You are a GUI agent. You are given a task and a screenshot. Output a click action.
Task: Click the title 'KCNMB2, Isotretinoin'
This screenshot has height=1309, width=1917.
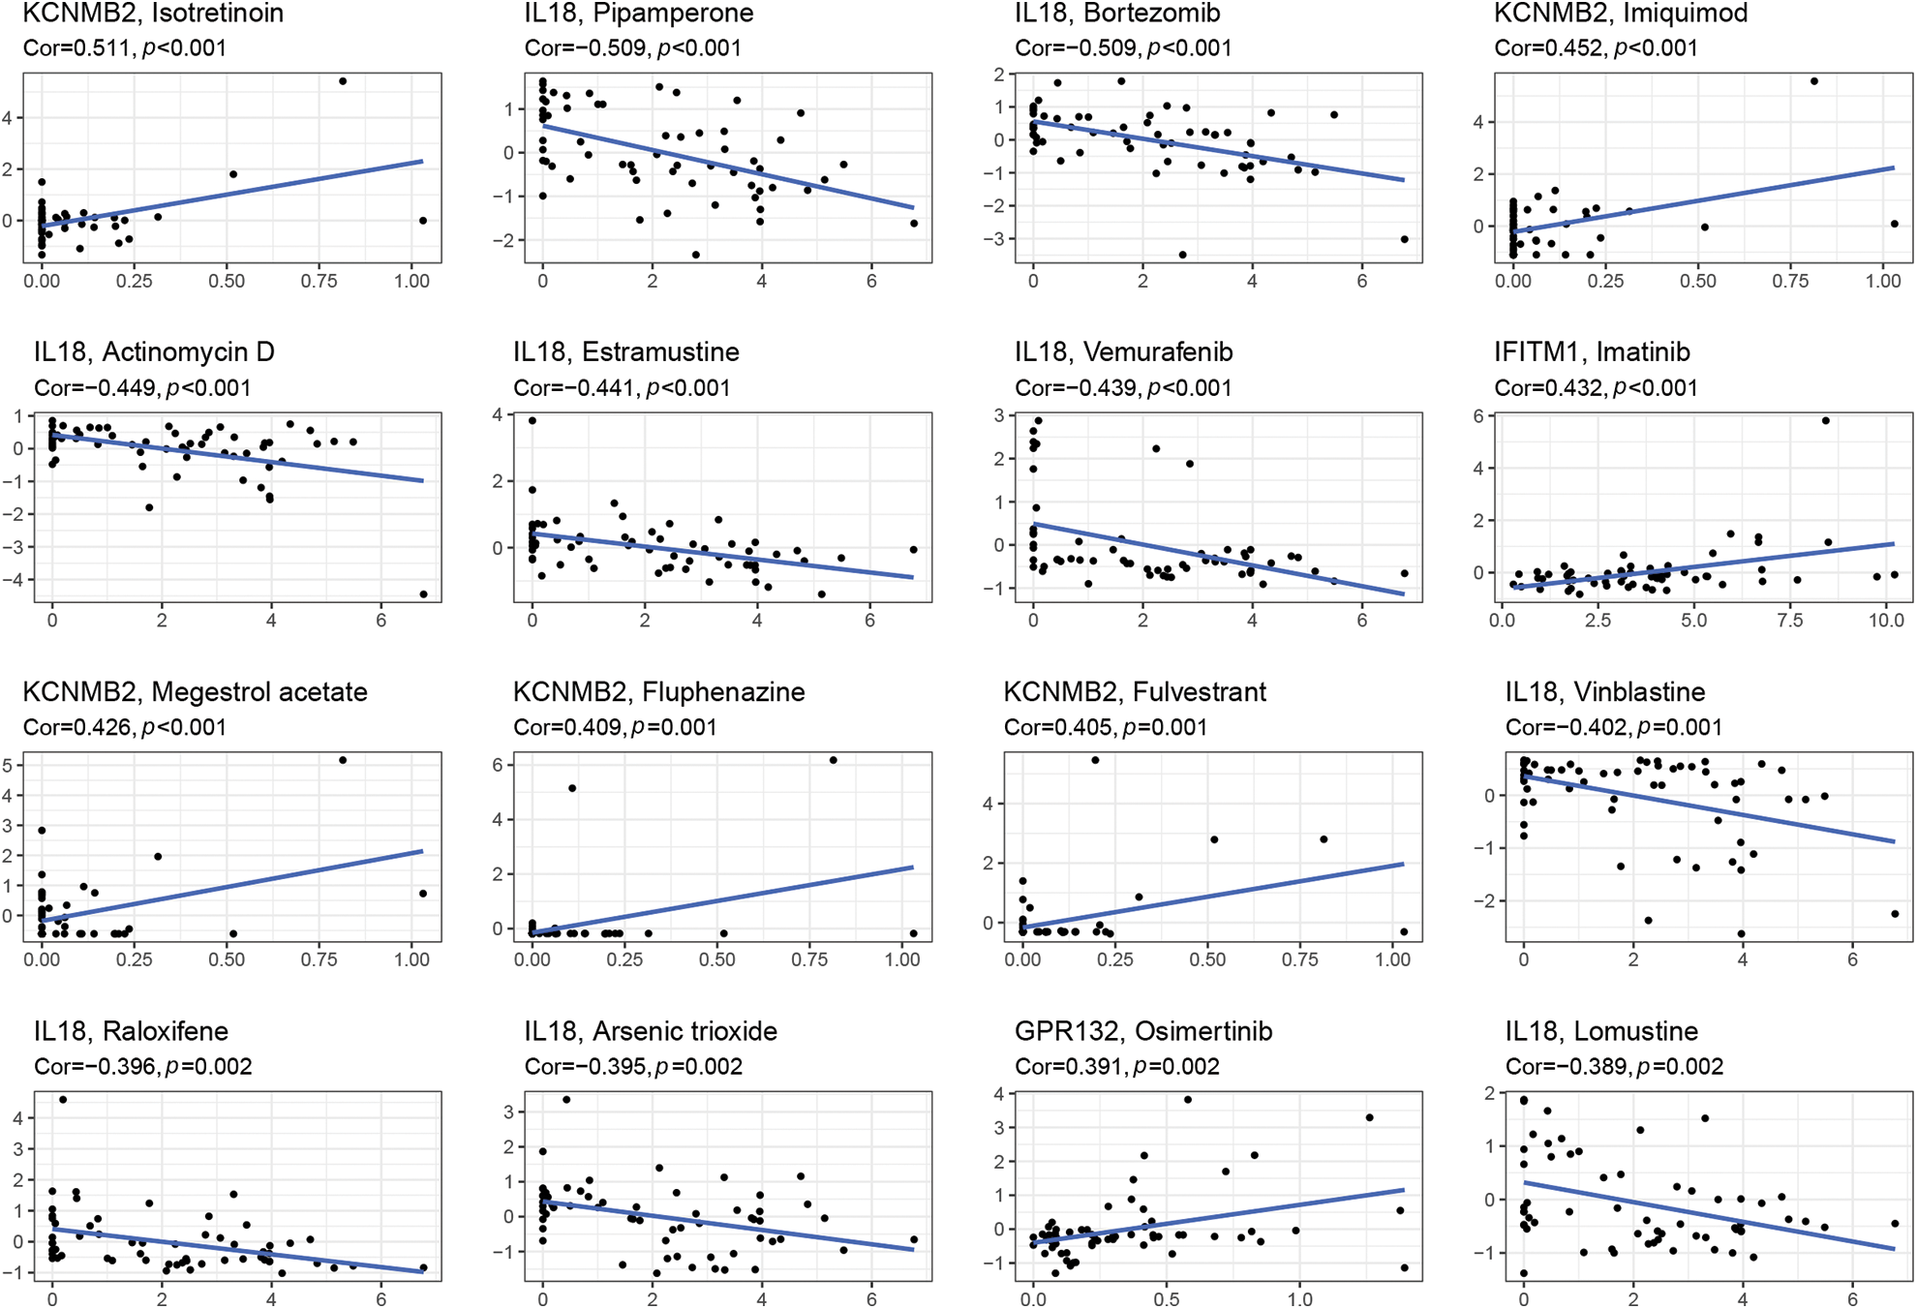pos(153,14)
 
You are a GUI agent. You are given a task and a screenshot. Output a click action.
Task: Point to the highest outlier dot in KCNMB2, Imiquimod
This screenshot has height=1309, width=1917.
pos(1813,81)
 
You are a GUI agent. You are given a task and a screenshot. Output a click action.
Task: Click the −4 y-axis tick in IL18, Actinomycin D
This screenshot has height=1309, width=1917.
pos(17,580)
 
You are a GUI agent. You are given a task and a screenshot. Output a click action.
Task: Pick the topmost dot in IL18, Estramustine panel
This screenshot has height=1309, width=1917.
pos(532,421)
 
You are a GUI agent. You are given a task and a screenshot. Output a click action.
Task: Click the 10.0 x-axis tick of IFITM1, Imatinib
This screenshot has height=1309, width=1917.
pos(1885,621)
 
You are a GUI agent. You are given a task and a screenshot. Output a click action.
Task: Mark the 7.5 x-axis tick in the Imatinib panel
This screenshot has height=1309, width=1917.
pos(1789,621)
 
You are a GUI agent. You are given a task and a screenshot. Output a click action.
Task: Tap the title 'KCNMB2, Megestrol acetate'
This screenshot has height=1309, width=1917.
pos(195,692)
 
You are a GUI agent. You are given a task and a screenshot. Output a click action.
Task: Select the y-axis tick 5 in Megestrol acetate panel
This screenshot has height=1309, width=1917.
pos(8,765)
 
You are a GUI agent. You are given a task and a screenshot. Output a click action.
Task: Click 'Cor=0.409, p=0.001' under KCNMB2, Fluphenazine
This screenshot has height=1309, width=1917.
pos(615,727)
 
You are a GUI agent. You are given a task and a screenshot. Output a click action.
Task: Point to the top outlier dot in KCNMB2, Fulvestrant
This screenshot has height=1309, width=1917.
pos(1095,760)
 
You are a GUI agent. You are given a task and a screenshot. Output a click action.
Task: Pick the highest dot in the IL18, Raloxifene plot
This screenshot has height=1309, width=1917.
pos(63,1100)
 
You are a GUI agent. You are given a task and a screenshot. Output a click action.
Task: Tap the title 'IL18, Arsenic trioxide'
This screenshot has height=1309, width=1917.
pos(651,1031)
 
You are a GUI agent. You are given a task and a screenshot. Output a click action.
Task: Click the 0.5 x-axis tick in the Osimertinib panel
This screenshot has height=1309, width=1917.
pos(1166,1299)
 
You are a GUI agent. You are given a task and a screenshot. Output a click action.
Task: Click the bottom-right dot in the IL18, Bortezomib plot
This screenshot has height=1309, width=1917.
pos(1404,239)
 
